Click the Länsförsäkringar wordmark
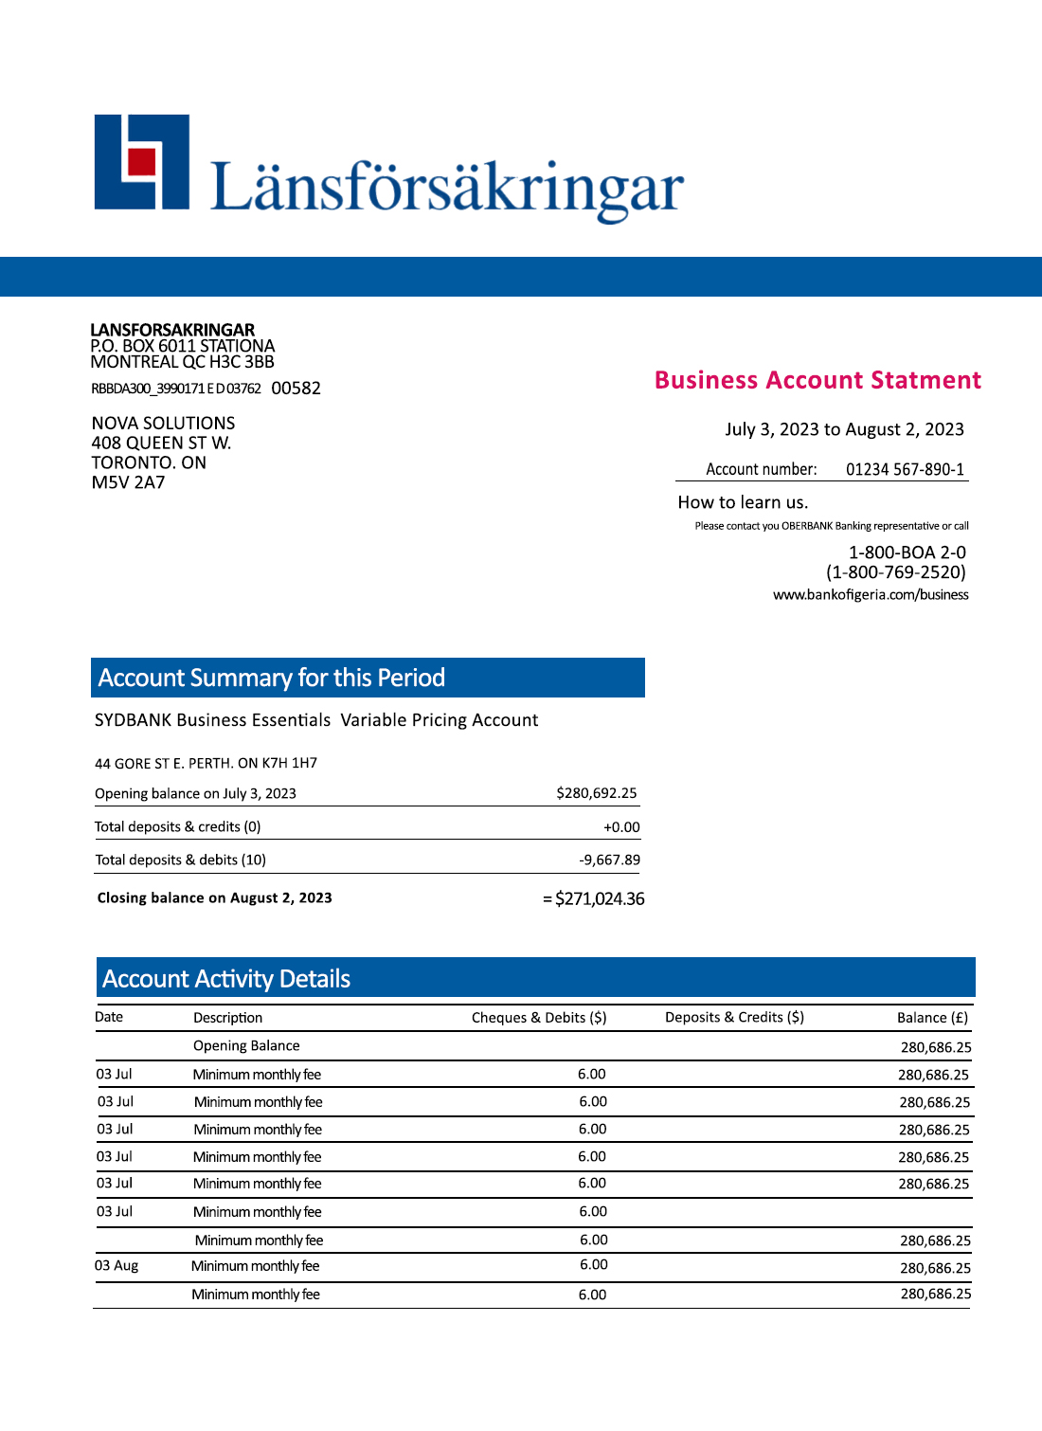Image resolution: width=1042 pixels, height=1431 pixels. (446, 187)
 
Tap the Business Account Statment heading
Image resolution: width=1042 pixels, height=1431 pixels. (817, 380)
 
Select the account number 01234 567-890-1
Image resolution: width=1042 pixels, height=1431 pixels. (905, 469)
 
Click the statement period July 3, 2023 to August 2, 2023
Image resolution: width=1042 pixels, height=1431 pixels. (844, 429)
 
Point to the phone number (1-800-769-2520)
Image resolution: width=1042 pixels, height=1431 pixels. (895, 572)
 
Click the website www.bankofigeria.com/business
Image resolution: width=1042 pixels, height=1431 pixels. (871, 595)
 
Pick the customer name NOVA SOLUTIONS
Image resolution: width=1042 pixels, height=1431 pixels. (163, 424)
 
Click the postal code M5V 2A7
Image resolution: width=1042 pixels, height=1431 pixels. (128, 482)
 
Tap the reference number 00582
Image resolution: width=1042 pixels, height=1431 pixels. (296, 389)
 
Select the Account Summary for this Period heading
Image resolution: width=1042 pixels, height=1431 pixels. (272, 678)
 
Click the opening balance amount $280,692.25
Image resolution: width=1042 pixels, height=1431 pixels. (596, 793)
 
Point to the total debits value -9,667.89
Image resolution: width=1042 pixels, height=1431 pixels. (609, 860)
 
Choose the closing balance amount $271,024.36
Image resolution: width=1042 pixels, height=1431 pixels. (599, 898)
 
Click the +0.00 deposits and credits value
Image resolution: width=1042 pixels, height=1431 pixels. (621, 827)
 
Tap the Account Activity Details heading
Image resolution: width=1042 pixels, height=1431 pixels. (226, 979)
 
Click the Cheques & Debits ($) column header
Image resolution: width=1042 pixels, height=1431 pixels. (539, 1018)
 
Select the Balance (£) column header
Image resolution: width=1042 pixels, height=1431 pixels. (932, 1018)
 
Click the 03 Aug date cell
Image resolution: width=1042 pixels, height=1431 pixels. (117, 1266)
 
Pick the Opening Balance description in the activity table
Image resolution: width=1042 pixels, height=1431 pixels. (246, 1046)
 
